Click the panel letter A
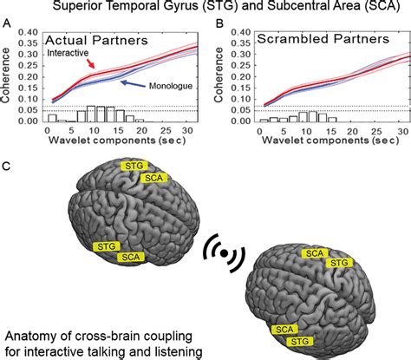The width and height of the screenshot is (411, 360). click(7, 25)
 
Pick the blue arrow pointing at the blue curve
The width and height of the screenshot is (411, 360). click(133, 84)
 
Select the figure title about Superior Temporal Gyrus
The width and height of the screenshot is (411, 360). click(205, 8)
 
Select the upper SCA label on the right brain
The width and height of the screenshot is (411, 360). click(313, 252)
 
